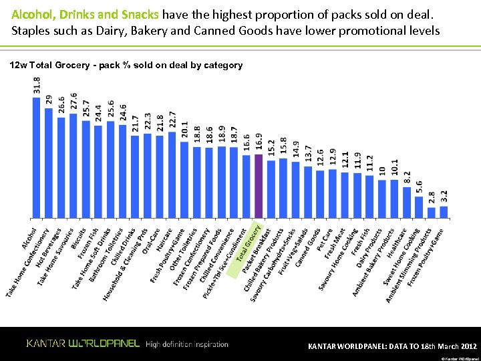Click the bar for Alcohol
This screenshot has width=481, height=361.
click(x=36, y=157)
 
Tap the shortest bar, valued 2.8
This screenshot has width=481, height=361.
click(x=432, y=213)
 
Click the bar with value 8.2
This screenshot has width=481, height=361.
click(x=407, y=202)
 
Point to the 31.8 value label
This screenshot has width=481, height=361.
click(x=36, y=85)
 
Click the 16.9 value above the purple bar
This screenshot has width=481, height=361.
click(x=259, y=142)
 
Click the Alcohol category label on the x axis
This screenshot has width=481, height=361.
click(x=30, y=235)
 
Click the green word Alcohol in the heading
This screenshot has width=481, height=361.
click(x=31, y=14)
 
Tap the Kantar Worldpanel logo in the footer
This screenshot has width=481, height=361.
click(x=83, y=344)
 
